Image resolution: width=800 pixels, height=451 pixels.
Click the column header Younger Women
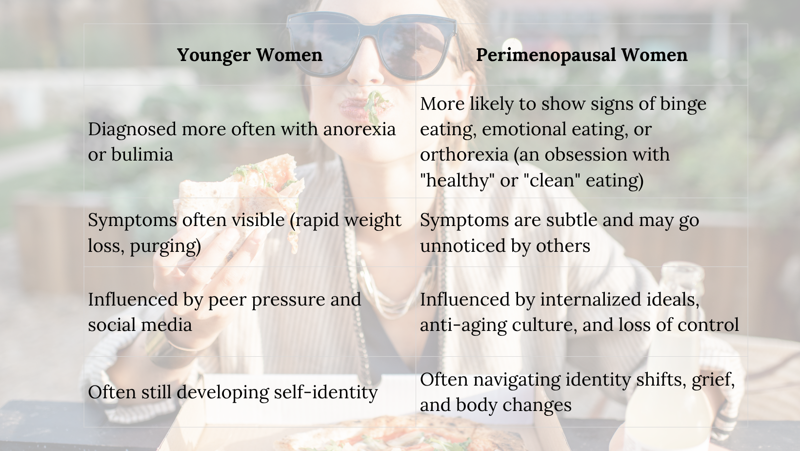click(250, 55)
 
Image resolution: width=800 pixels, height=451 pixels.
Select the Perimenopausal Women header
click(582, 55)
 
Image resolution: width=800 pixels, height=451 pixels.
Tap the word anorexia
click(360, 129)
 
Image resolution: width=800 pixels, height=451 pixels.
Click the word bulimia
click(142, 154)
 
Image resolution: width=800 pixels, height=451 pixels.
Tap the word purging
click(165, 246)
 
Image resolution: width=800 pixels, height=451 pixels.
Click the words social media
click(140, 325)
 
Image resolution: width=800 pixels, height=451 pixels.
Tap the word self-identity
click(326, 392)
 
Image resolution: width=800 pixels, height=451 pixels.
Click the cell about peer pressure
click(250, 311)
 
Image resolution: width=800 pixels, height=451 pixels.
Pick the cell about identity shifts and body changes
click(582, 392)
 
